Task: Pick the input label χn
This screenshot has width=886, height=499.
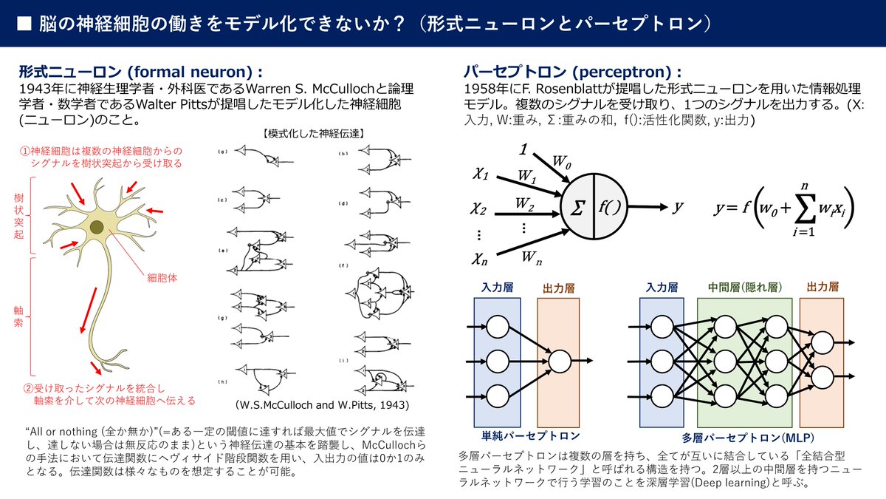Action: coord(481,258)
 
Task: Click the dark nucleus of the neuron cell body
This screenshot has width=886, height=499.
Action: coord(97,227)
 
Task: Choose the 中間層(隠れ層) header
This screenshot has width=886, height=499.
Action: coord(744,286)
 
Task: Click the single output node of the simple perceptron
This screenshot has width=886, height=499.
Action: coord(560,361)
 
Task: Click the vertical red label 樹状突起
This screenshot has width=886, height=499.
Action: coord(18,214)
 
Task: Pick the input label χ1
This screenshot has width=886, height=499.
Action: coord(481,175)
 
